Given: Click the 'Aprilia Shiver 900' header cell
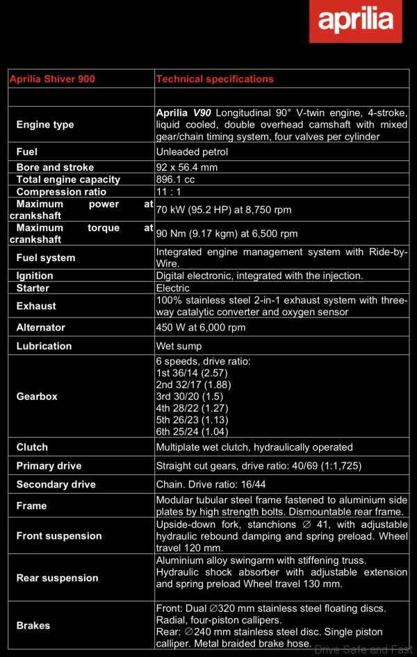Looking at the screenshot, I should pyautogui.click(x=52, y=79).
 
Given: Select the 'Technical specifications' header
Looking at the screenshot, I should pyautogui.click(x=215, y=79).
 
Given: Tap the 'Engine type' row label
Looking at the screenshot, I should pyautogui.click(x=45, y=125).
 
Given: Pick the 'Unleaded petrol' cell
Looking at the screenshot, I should pyautogui.click(x=192, y=152).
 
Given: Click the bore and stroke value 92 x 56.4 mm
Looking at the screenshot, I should pyautogui.click(x=187, y=167).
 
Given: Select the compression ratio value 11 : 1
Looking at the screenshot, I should pyautogui.click(x=169, y=192).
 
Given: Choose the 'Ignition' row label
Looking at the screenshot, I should pyautogui.click(x=35, y=276).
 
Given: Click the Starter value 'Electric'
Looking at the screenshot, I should pyautogui.click(x=173, y=288).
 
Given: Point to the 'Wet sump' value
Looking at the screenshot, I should pyautogui.click(x=179, y=346).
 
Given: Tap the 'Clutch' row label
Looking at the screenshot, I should pyautogui.click(x=32, y=447).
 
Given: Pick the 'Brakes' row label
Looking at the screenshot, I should pyautogui.click(x=33, y=626).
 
